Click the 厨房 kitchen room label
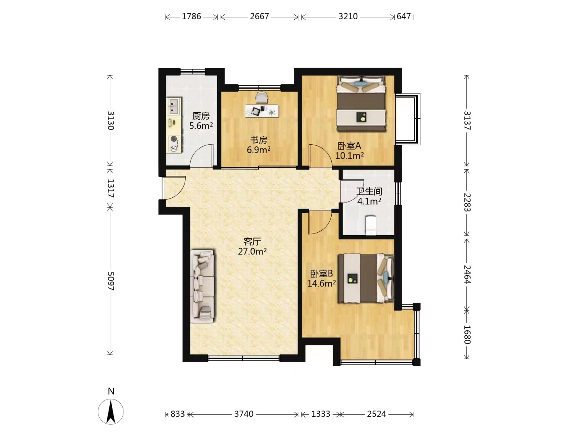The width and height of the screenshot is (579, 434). tap(201, 116)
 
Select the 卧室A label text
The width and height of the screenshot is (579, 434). tap(349, 146)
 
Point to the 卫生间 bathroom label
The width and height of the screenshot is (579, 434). tap(369, 191)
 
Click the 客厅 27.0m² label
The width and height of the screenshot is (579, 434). tap(252, 246)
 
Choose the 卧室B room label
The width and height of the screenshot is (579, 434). tap(321, 274)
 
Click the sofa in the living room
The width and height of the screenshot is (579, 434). tap(202, 287)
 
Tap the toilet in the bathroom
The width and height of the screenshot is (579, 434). tap(371, 225)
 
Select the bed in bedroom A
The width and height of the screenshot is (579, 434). tap(361, 104)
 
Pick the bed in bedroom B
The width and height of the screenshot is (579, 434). tap(366, 278)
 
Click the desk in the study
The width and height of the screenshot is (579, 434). tap(262, 111)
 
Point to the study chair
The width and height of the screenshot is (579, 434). tap(262, 97)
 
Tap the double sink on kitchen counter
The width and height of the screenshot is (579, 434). tap(174, 106)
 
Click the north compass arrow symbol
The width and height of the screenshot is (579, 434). tap(111, 411)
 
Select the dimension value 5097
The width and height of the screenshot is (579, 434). tap(111, 281)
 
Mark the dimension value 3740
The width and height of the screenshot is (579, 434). tap(244, 414)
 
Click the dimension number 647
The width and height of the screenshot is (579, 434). tap(404, 16)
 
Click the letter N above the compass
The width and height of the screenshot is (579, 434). tap(111, 391)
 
